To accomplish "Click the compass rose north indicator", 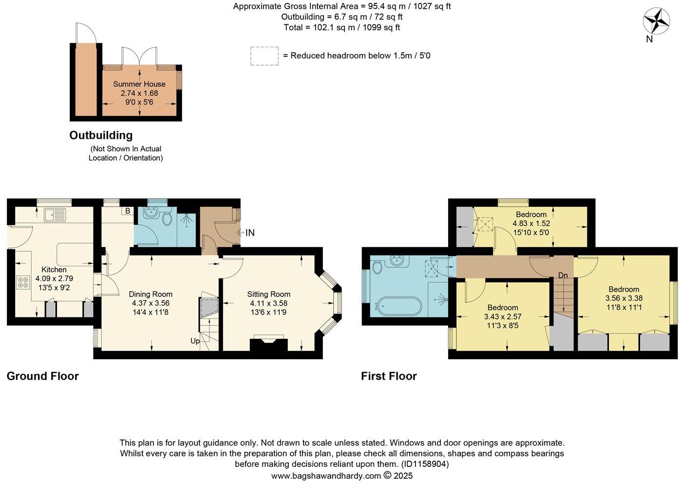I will click(656, 22).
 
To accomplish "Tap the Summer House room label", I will click(139, 84).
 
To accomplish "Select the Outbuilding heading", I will click(101, 135).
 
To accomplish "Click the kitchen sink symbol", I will click(55, 214).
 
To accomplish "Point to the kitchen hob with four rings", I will click(23, 283).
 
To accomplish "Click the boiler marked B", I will click(128, 211).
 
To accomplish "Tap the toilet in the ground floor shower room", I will click(168, 218).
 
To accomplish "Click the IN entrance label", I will click(249, 233).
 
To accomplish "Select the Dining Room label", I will click(151, 294).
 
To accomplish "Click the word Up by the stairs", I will click(195, 341).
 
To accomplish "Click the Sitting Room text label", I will click(268, 294).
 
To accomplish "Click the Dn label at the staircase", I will click(563, 276).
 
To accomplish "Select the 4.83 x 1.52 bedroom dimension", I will click(531, 223).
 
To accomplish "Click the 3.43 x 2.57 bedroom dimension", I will click(503, 316).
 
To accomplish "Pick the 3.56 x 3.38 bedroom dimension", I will click(624, 298).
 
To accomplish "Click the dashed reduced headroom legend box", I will click(264, 56).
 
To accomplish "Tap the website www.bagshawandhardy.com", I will click(326, 476).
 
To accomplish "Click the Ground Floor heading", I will click(43, 376).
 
